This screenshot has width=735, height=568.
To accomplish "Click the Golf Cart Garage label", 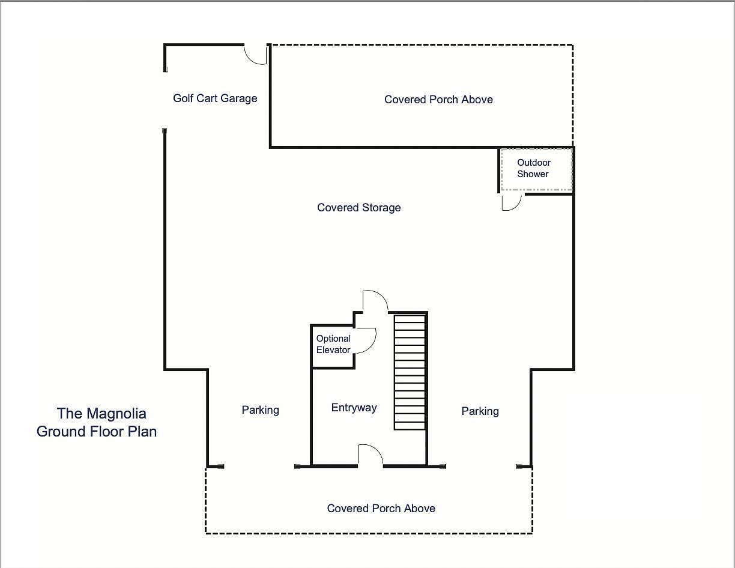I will pos(215,98).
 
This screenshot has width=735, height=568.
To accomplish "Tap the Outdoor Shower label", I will pos(533,168).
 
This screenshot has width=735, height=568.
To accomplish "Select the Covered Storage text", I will pos(358,208).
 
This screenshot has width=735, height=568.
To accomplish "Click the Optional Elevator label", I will pos(333,344).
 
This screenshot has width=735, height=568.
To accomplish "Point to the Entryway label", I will pos(354,408).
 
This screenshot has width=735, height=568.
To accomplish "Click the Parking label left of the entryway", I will pos(260,410).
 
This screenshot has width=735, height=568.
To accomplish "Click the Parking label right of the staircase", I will pos(480,411).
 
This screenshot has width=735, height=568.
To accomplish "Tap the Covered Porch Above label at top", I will pos(438,100).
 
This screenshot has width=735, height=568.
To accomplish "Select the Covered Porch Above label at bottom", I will pos(381,509).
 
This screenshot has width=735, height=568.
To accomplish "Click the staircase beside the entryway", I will pos(410,372).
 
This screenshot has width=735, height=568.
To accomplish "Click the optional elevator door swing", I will pos(365,339).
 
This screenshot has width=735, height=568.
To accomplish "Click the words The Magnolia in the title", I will pos(101,414).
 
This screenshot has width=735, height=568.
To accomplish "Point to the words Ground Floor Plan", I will pos(97,432).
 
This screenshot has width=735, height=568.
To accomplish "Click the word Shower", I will pos(533,174).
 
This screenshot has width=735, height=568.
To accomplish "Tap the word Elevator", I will pos(333,350).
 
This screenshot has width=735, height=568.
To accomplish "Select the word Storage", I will pos(381,208).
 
